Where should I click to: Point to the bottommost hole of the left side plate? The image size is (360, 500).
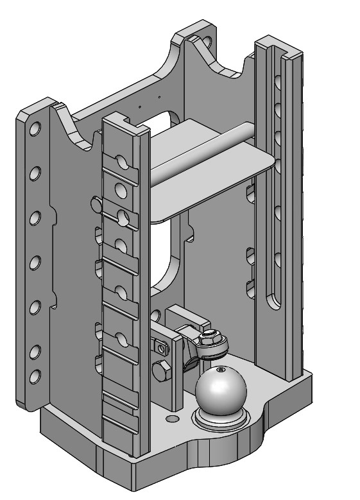(35, 375)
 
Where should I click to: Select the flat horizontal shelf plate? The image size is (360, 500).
(212, 177)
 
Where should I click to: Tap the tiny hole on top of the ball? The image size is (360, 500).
(220, 370)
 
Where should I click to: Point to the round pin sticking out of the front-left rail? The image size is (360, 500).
(96, 203)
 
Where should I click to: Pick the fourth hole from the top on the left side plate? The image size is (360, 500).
(35, 262)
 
